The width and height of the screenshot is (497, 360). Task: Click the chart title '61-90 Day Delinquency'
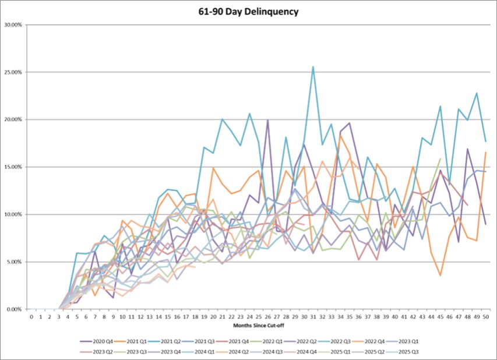248,11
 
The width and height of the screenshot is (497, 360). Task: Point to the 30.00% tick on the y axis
13,25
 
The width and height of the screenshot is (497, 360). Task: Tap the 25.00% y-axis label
13,72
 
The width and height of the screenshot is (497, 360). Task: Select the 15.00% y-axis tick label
13,167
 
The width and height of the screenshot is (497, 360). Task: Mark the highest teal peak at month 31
313,66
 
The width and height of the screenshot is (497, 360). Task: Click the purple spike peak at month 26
267,120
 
